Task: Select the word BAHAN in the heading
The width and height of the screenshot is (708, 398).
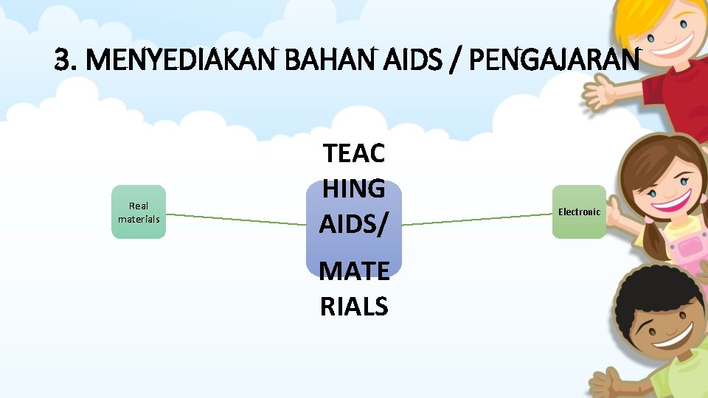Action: click(x=327, y=60)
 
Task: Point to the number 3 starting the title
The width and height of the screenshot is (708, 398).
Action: click(x=63, y=60)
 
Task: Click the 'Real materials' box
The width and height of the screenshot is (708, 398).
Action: click(x=139, y=212)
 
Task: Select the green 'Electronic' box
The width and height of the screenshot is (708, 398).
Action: click(x=579, y=212)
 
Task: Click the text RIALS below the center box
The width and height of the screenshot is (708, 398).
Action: click(x=354, y=305)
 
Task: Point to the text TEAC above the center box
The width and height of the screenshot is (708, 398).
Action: click(x=354, y=154)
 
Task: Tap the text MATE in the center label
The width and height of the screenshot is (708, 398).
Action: click(x=354, y=272)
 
